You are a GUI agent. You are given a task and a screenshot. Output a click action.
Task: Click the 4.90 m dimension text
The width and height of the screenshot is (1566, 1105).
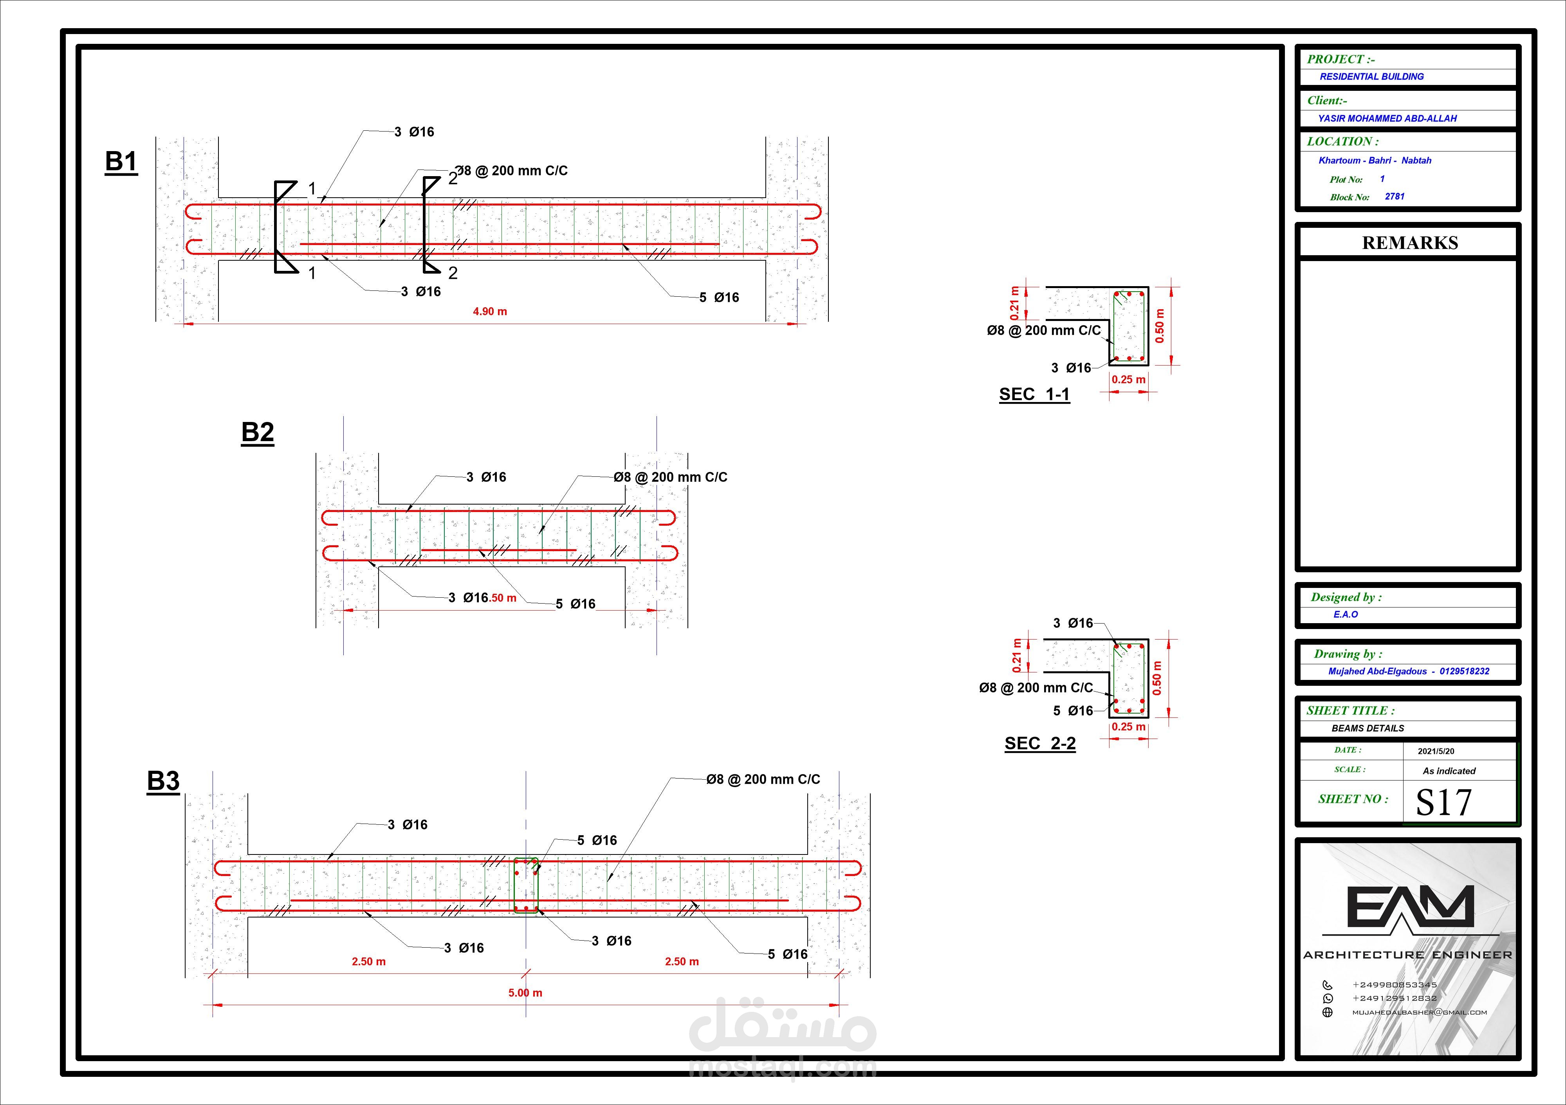[x=490, y=312]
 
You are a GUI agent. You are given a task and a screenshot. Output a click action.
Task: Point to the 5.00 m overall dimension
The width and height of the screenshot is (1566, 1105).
[x=525, y=993]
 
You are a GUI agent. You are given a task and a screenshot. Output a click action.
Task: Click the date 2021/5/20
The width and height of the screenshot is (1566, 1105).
[x=1436, y=751]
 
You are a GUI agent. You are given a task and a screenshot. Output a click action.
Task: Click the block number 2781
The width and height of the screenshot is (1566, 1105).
[x=1394, y=196]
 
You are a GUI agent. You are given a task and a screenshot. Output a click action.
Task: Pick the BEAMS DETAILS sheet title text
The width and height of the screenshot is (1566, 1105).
[x=1368, y=728]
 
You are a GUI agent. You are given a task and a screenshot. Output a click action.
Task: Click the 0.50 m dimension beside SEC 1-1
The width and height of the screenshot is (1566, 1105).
[x=1160, y=326]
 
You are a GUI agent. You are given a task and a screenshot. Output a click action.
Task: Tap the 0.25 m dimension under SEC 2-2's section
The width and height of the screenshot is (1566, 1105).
[x=1128, y=727]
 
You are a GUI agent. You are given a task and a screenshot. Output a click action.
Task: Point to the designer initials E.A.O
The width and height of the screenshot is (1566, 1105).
[x=1346, y=615]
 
